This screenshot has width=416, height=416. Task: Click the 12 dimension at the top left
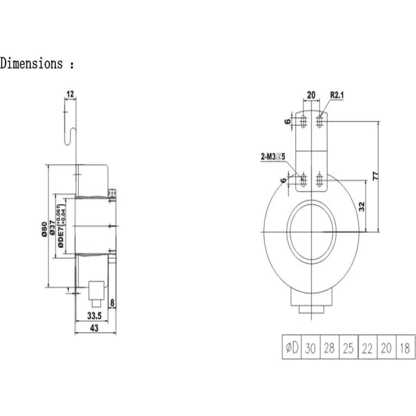click(70, 94)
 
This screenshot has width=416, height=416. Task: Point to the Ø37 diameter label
click(52, 227)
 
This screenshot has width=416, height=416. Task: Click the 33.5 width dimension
click(94, 316)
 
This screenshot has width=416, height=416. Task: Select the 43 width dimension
click(94, 327)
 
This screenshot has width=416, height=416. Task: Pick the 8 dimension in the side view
click(112, 302)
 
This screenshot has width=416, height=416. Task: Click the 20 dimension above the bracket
click(311, 95)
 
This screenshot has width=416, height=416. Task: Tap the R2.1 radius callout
click(337, 95)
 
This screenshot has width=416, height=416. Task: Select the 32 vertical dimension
click(361, 206)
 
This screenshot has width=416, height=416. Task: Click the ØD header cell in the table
click(292, 347)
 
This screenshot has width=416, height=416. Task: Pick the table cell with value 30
click(310, 347)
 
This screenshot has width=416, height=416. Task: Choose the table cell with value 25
click(348, 347)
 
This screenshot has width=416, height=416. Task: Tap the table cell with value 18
click(405, 347)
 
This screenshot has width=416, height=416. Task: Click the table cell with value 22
click(367, 347)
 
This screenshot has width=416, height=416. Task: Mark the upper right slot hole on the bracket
click(319, 121)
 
